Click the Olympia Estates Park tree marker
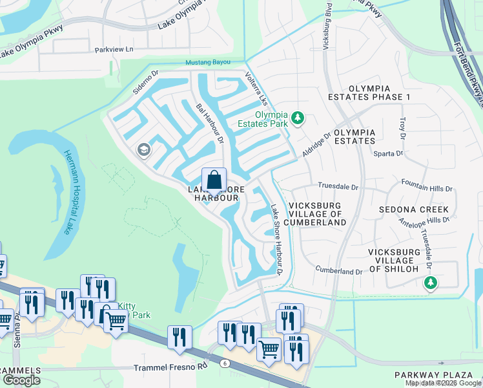pyautogui.click(x=298, y=118)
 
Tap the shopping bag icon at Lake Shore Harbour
pyautogui.click(x=214, y=179)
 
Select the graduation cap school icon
pyautogui.click(x=143, y=151)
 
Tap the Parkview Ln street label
pyautogui.click(x=114, y=49)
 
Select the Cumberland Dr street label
pyautogui.click(x=339, y=272)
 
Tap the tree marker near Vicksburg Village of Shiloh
pyautogui.click(x=431, y=283)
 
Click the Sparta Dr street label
pyautogui.click(x=389, y=155)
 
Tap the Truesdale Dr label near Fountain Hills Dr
pyautogui.click(x=336, y=187)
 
